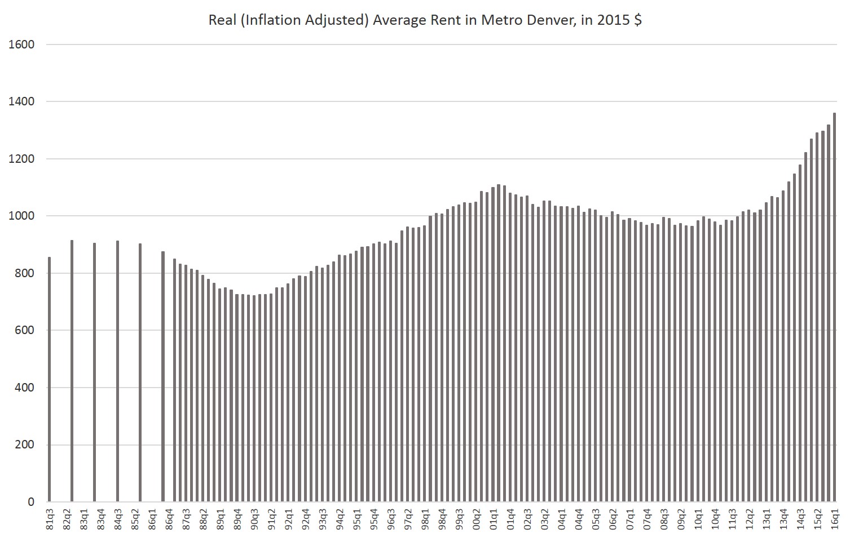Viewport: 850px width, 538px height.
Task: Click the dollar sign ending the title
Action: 637,21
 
